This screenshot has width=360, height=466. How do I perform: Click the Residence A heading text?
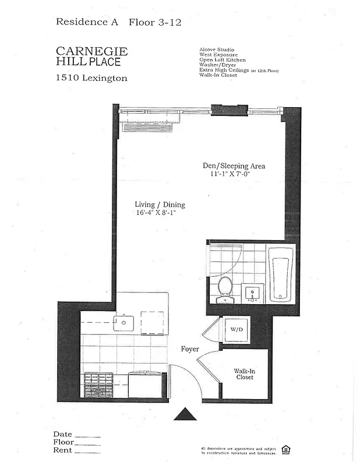coord(87,22)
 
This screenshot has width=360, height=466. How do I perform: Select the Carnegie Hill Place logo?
coord(92,57)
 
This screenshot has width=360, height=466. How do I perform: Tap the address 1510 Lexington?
coord(92,77)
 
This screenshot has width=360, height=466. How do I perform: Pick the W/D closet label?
coord(237,330)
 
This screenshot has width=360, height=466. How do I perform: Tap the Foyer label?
coord(190,349)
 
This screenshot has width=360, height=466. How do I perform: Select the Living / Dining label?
coord(160,204)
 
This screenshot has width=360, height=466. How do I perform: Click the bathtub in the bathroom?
coord(280,274)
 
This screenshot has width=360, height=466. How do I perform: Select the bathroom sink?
coord(253,291)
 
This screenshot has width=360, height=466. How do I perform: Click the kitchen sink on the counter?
coord(123,322)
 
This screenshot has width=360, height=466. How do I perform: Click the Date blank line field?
coord(88,436)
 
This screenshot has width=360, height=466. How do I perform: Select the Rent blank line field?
coord(88,452)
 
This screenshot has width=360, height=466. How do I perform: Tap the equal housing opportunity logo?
coord(286,449)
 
